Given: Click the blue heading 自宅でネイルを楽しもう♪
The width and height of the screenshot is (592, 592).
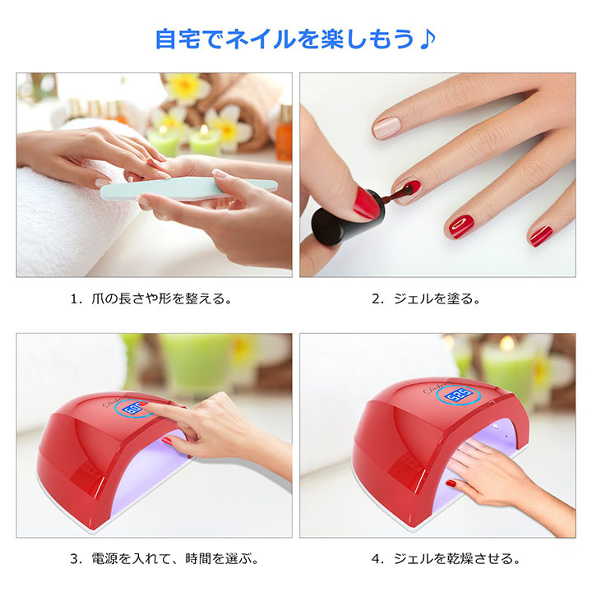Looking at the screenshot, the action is (x=296, y=39).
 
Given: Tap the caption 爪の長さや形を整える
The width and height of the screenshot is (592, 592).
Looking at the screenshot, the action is (x=161, y=298).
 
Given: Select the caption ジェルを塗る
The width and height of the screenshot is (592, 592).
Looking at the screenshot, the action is (x=437, y=298).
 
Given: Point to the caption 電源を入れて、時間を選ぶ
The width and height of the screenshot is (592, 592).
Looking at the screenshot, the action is (x=175, y=558).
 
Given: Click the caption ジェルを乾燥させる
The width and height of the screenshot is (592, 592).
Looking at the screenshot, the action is (x=456, y=558).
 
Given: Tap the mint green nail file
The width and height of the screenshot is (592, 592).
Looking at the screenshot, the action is (x=189, y=188).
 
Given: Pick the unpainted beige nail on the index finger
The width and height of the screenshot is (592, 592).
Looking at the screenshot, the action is (x=386, y=127).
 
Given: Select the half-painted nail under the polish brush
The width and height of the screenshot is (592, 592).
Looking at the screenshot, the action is (x=407, y=192).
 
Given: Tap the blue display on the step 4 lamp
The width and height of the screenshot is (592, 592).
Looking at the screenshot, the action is (x=458, y=395).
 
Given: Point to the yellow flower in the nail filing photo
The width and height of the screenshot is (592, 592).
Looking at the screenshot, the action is (x=186, y=88).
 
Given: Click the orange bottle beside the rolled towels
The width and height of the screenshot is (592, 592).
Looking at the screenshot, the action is (x=284, y=133).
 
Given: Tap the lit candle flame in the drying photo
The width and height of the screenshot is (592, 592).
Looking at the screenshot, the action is (x=506, y=343).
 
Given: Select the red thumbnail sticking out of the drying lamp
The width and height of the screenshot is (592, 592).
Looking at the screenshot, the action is (x=451, y=483).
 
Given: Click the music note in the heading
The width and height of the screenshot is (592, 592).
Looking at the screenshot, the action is (x=428, y=39).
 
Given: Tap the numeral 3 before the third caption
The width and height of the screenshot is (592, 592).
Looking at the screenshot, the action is (x=74, y=559).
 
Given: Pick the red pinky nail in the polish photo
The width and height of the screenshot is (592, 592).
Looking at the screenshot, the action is (x=541, y=236).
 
